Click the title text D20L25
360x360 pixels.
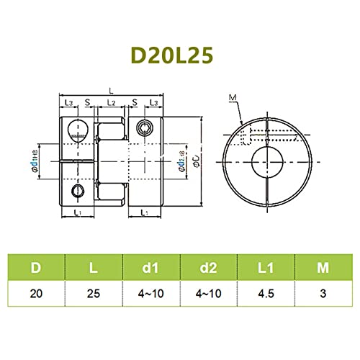179,55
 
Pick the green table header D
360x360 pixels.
35,269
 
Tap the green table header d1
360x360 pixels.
150,269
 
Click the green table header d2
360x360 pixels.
209,269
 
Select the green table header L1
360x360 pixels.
266,269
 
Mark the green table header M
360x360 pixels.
324,269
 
